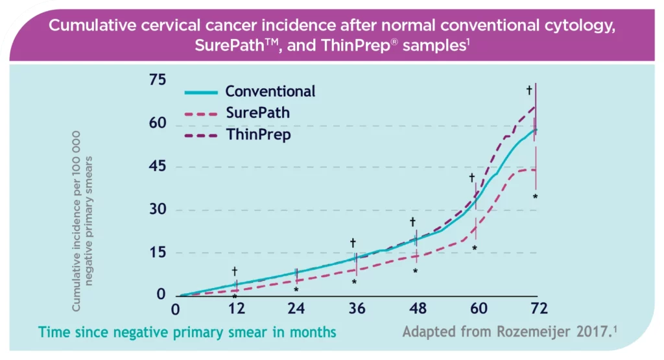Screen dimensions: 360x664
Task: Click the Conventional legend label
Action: (x=270, y=91)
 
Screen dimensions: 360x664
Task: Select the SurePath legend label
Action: (x=257, y=113)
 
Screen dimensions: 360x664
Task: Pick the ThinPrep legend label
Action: (x=258, y=135)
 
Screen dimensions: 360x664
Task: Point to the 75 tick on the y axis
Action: (x=157, y=80)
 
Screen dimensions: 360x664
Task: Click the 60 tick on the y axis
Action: (x=157, y=123)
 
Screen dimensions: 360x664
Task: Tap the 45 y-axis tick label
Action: (x=157, y=166)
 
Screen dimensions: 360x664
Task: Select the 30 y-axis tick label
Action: (x=157, y=210)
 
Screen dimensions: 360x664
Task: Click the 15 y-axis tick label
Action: (x=157, y=252)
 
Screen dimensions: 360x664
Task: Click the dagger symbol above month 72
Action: (x=529, y=90)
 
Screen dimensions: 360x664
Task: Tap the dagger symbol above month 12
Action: (x=235, y=271)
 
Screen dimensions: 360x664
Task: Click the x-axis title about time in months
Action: (x=187, y=332)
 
